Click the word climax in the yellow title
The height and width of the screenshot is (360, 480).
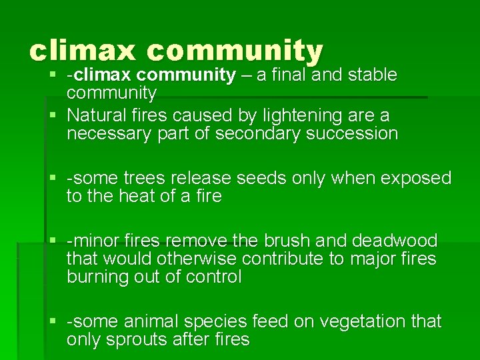coord(81,51)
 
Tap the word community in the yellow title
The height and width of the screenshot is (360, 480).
coord(235,51)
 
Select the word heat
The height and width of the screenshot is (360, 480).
coord(133,197)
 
